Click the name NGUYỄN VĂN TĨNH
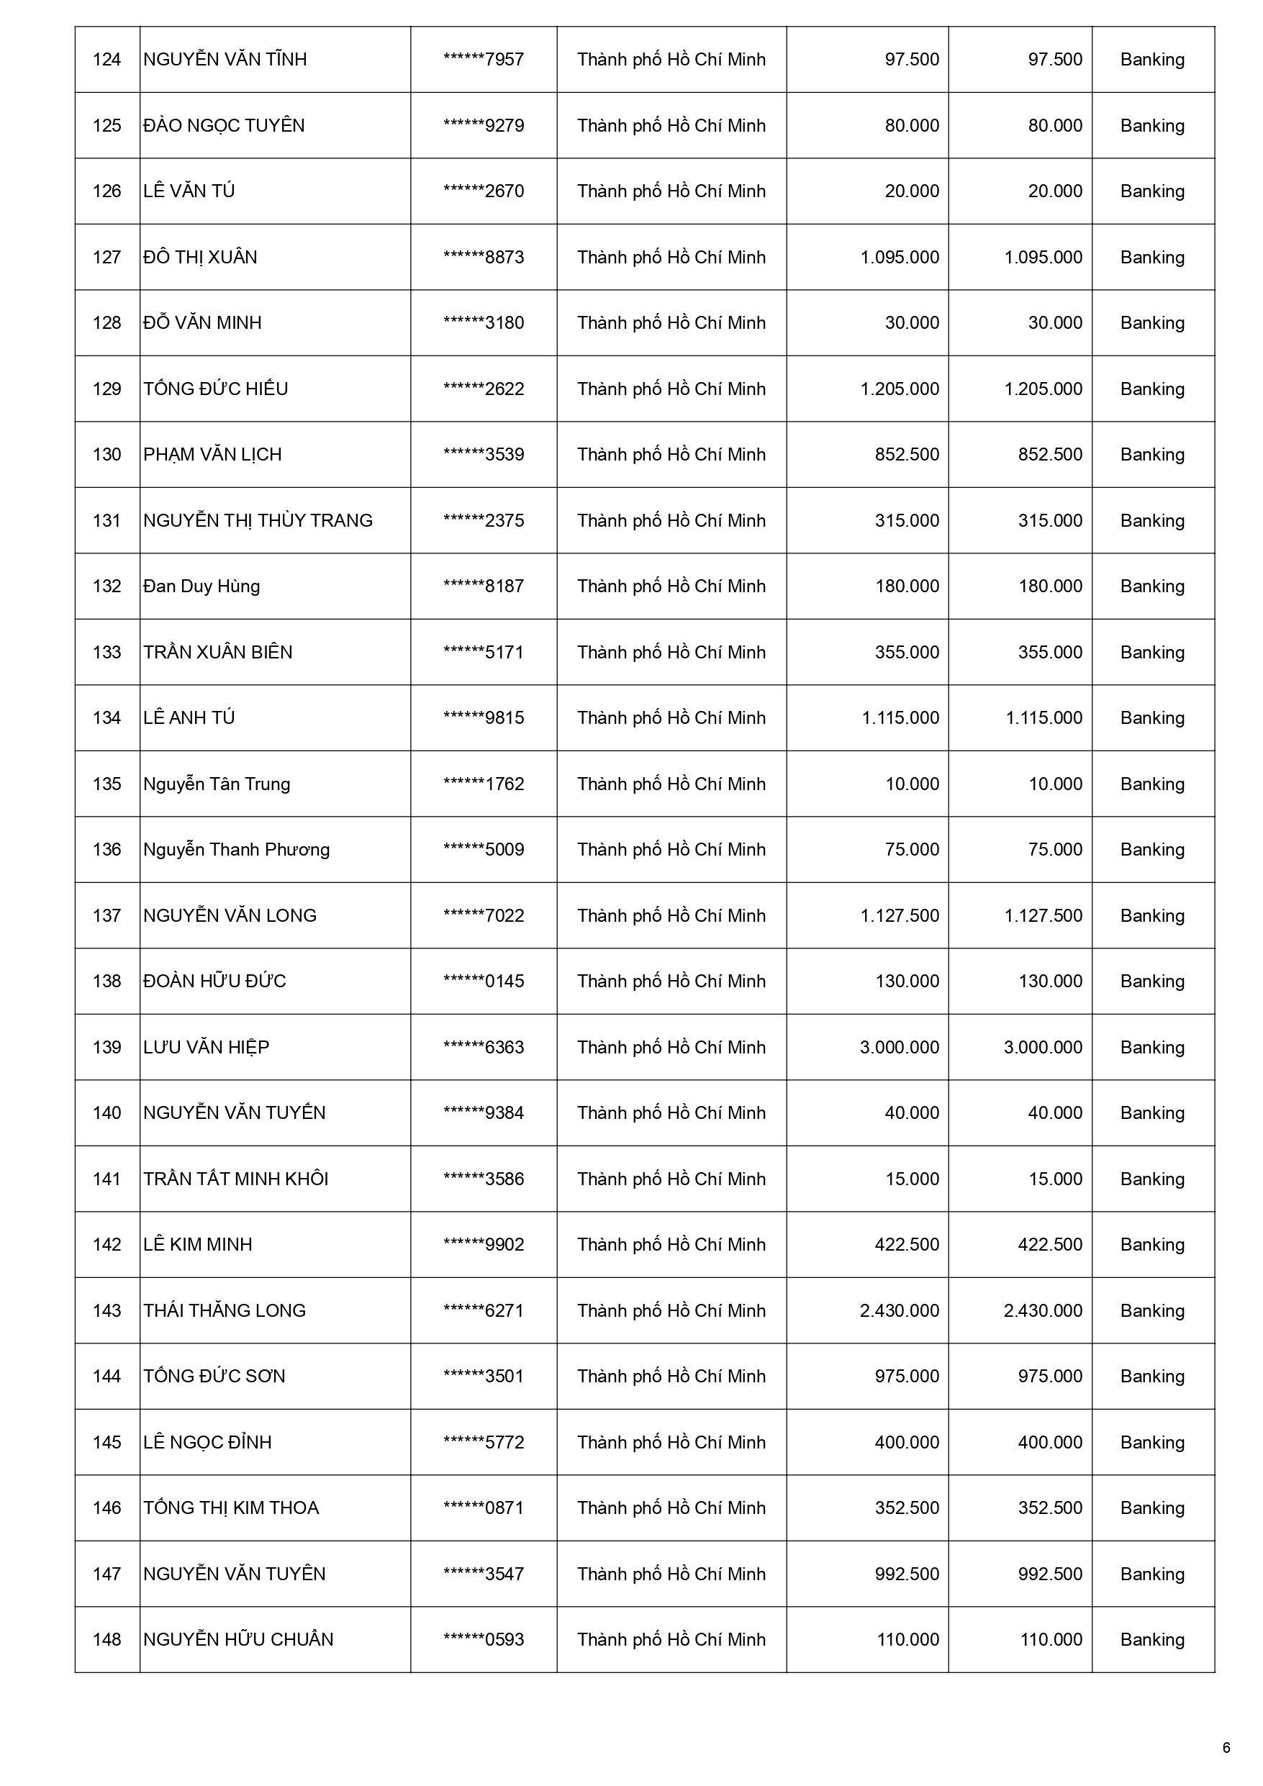225,60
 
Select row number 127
107,258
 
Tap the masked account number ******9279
484,126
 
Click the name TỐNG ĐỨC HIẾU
216,389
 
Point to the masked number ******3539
484,454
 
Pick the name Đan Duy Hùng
202,586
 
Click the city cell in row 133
671,652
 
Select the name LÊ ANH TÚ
189,718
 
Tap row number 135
107,784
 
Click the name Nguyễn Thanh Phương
237,849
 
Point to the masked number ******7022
484,915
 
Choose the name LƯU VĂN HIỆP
207,1047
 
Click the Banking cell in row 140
1151,1113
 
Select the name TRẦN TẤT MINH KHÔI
236,1179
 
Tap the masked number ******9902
484,1245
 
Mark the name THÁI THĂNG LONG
225,1311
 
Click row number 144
107,1376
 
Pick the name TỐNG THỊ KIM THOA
231,1508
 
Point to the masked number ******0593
484,1640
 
